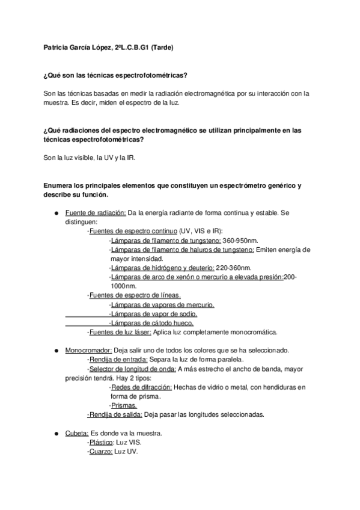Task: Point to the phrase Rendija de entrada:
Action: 118,360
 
